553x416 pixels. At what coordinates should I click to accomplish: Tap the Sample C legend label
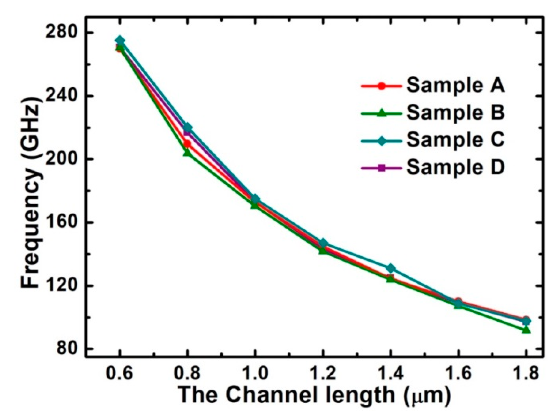(x=455, y=140)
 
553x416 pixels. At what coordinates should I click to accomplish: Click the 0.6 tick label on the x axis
(x=119, y=373)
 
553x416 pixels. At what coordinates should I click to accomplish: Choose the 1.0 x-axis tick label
(x=255, y=373)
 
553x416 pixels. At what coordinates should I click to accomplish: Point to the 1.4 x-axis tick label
(x=390, y=373)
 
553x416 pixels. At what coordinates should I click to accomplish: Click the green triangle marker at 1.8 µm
(x=526, y=330)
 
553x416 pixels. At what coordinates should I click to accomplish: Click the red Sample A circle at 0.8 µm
(x=188, y=144)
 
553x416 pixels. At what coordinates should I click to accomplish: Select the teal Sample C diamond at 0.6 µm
(x=120, y=40)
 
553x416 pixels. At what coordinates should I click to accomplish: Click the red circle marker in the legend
(x=381, y=86)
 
